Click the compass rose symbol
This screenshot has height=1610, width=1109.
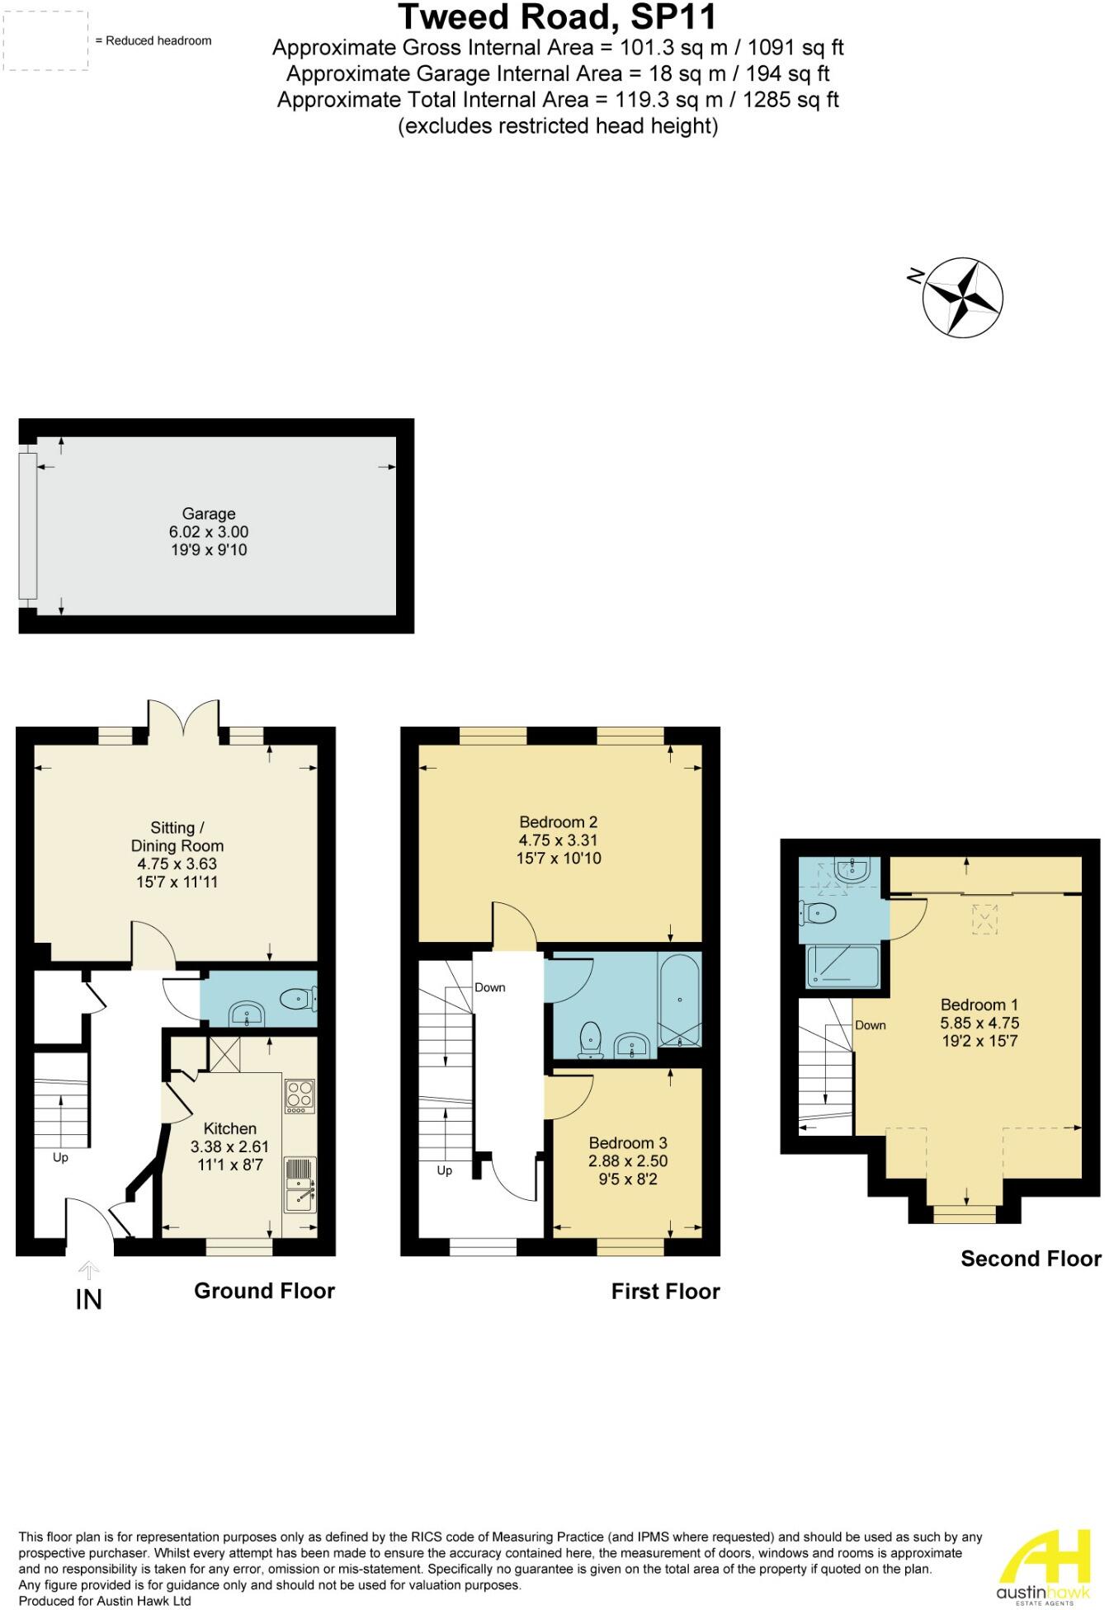[x=962, y=298]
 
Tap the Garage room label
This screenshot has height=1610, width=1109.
[x=209, y=514]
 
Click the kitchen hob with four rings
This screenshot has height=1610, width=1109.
[x=299, y=1096]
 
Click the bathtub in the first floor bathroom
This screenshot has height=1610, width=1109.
[x=680, y=999]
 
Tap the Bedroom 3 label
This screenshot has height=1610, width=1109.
[x=628, y=1142]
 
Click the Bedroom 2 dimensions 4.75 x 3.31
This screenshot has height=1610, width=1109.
[x=558, y=840]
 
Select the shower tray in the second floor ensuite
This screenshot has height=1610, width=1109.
[x=842, y=966]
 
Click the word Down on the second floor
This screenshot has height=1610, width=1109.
[x=870, y=1025]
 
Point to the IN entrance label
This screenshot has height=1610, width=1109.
[x=88, y=1300]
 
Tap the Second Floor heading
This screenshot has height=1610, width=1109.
[x=1030, y=1259]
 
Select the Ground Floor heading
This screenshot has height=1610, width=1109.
[x=264, y=1291]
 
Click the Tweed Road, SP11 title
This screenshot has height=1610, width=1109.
[x=558, y=16]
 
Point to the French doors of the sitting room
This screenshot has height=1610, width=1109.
[x=184, y=718]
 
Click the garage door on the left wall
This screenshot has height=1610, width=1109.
[x=28, y=525]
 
